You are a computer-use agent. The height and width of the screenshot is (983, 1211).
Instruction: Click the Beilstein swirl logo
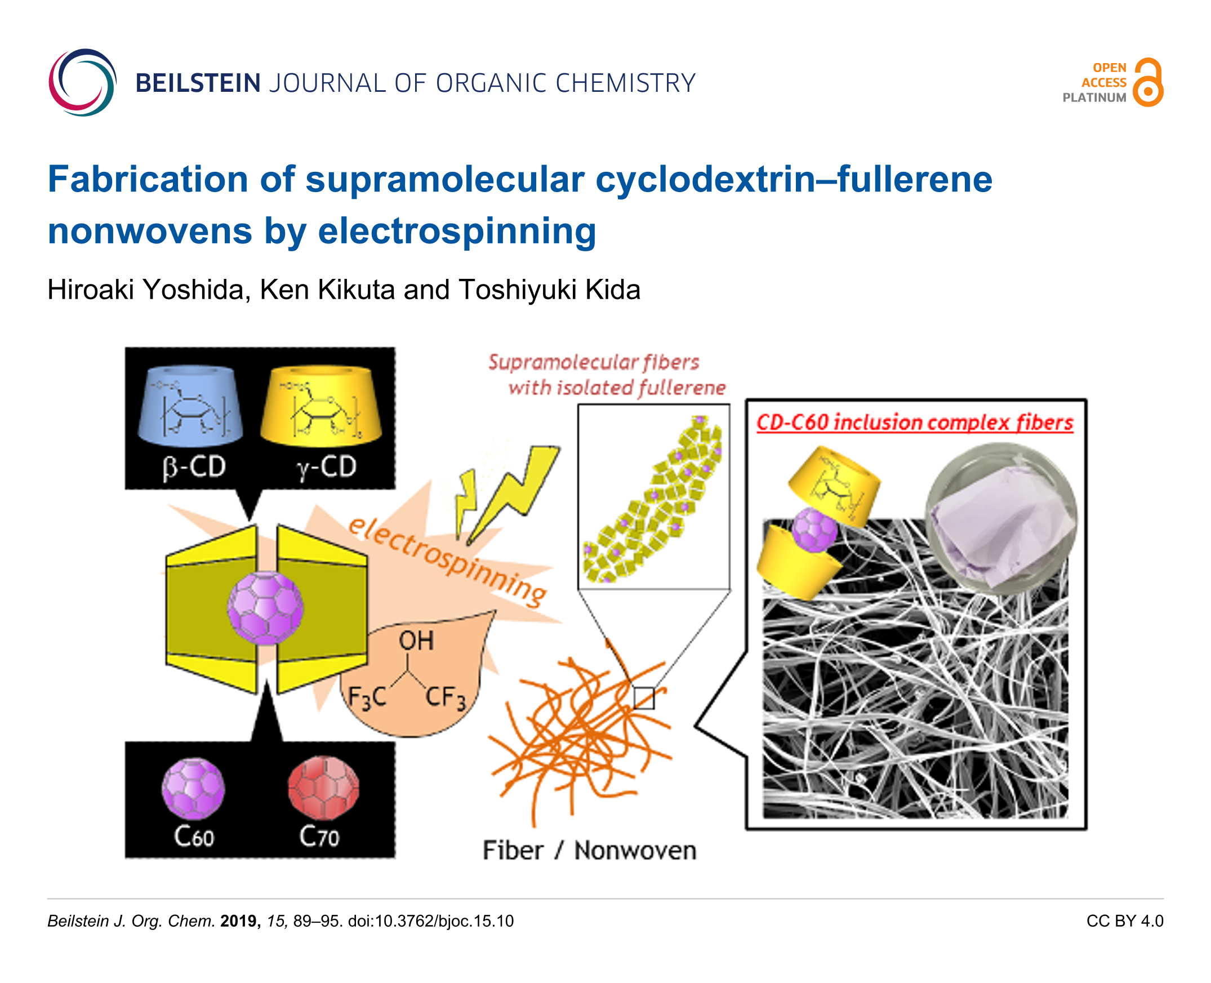click(83, 83)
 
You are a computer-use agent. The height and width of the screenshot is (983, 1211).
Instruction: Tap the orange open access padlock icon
click(1148, 83)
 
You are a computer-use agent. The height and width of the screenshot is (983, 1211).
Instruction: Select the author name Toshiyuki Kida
click(549, 290)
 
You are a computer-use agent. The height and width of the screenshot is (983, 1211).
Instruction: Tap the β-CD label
click(194, 468)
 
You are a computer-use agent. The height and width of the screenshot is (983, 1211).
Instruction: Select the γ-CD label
click(327, 468)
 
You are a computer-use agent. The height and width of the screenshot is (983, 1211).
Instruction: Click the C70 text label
click(319, 837)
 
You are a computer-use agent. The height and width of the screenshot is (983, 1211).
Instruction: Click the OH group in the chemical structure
click(416, 641)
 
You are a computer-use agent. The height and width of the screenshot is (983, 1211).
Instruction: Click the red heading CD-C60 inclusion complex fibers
click(915, 423)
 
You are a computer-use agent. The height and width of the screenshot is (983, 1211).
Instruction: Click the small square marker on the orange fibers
click(644, 697)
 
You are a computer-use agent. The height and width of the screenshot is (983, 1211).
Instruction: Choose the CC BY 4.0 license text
click(1124, 921)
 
